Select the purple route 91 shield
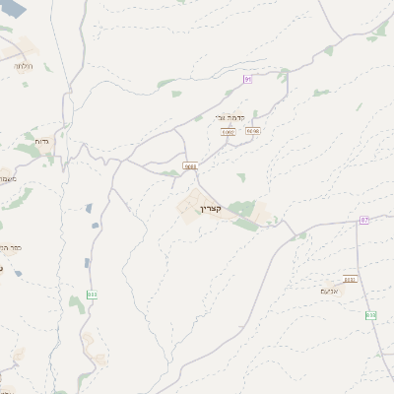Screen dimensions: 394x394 pos(248,78)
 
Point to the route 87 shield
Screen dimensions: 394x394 pos(363,220)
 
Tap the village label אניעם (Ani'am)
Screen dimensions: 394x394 pos(330,291)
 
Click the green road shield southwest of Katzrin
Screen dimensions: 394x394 pos(92,294)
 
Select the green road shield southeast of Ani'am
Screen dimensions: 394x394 pos(370,315)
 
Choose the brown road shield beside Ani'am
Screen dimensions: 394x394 pos(350,279)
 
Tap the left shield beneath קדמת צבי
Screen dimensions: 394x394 pos(229,130)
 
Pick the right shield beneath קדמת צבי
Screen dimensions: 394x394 pos(253,130)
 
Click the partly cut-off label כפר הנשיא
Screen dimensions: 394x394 pos(8,249)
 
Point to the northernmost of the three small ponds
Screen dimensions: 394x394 pos(89,208)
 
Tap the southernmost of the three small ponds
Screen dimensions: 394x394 pos(87,262)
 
